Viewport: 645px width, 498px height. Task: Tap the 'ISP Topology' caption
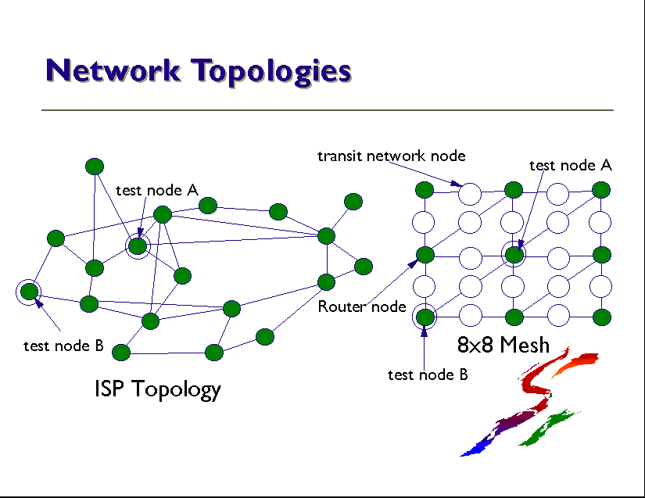pyautogui.click(x=157, y=389)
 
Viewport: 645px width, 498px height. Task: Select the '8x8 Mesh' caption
pyautogui.click(x=503, y=344)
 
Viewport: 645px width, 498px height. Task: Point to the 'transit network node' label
pyautogui.click(x=391, y=156)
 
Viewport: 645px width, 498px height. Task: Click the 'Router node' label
pyautogui.click(x=362, y=306)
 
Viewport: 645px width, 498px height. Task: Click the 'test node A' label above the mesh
pyautogui.click(x=570, y=165)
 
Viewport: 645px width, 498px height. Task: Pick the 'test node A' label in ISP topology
pyautogui.click(x=156, y=190)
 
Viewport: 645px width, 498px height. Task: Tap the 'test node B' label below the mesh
pyautogui.click(x=427, y=374)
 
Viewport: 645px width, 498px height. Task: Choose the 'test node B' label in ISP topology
pyautogui.click(x=63, y=346)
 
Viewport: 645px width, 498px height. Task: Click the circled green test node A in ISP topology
pyautogui.click(x=138, y=246)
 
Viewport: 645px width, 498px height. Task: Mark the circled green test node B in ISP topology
pyautogui.click(x=29, y=292)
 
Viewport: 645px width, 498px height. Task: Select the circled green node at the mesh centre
pyautogui.click(x=514, y=254)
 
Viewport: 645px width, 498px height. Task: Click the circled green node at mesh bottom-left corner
pyautogui.click(x=425, y=317)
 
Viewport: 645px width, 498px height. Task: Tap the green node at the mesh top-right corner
pyautogui.click(x=601, y=190)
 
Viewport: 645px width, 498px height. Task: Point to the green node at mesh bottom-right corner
pyautogui.click(x=601, y=317)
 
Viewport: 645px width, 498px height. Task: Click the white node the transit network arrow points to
pyautogui.click(x=469, y=191)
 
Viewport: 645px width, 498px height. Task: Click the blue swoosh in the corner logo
pyautogui.click(x=478, y=446)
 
